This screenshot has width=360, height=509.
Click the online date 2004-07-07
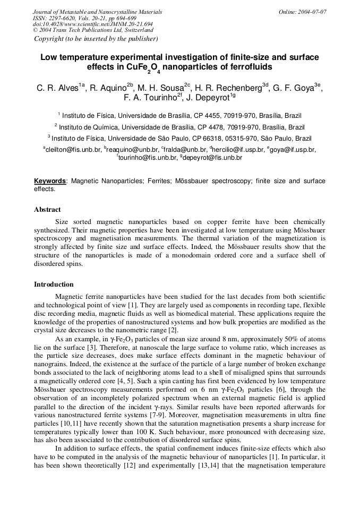(310, 12)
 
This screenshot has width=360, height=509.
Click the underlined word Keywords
(50, 181)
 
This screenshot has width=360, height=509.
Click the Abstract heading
(47, 210)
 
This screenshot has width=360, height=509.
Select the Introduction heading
(54, 284)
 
